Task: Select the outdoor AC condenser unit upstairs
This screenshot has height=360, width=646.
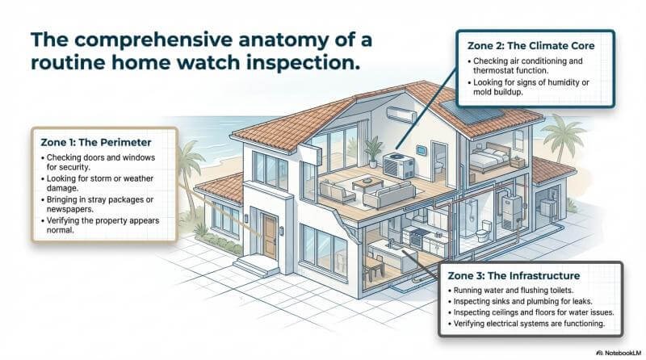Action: (398, 168)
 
